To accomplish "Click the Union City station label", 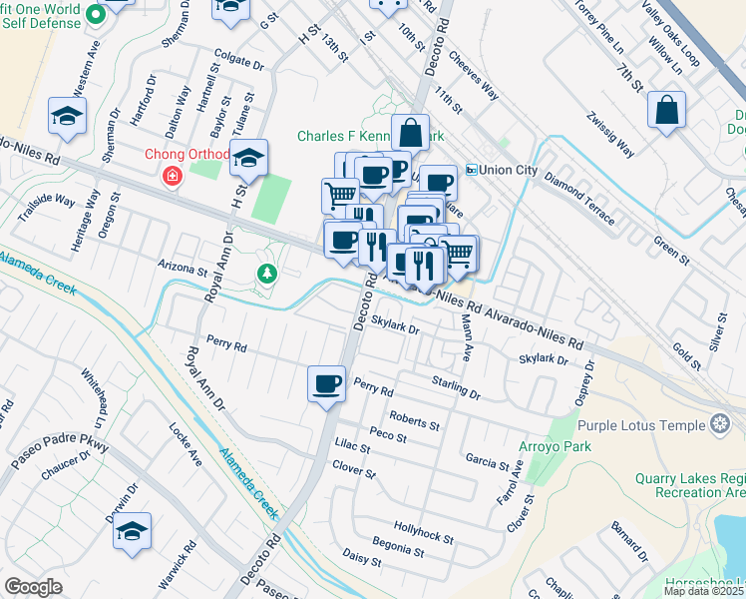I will click(x=508, y=170).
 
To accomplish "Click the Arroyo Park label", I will click(x=548, y=446).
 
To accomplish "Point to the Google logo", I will click(x=32, y=586).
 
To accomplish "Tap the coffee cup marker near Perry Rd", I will click(x=327, y=384).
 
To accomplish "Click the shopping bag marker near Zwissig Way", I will click(x=666, y=110).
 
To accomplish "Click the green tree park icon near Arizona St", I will click(x=266, y=273).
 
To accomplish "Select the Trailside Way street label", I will click(x=48, y=208).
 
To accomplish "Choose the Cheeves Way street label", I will click(x=473, y=76).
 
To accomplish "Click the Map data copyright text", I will click(x=703, y=591).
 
